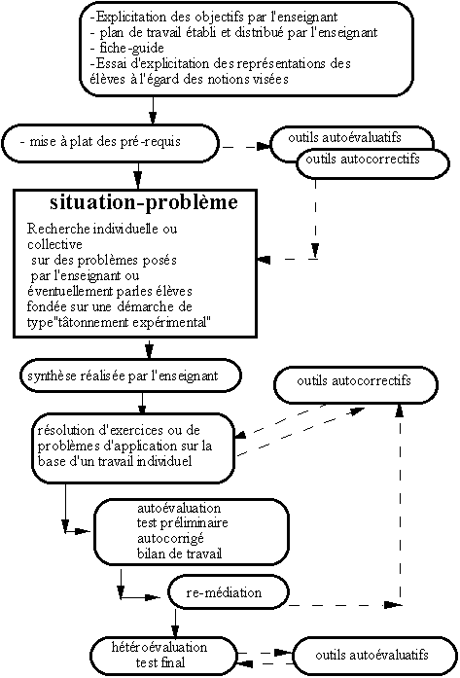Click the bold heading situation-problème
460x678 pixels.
coord(144,202)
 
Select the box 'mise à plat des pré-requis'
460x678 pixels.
coord(111,144)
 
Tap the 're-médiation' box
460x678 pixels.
coord(228,592)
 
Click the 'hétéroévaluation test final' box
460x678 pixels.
coord(164,655)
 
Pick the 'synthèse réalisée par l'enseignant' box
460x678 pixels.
coord(129,375)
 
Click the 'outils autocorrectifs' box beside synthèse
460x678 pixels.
coord(355,384)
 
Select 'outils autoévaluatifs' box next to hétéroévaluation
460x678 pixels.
coord(375,655)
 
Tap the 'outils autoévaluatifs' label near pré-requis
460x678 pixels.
coord(344,138)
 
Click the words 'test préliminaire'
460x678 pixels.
coord(182,523)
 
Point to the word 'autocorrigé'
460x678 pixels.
coord(170,539)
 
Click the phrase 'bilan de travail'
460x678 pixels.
coord(179,553)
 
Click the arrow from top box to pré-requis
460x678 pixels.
coord(153,110)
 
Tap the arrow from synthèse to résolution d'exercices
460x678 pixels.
coord(143,403)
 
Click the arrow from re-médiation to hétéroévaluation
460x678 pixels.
coord(175,624)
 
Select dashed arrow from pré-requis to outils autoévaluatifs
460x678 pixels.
coord(246,147)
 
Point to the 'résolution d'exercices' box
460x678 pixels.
coord(132,448)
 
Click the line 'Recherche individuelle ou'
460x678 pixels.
coord(102,229)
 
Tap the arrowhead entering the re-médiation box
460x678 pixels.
coord(154,598)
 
